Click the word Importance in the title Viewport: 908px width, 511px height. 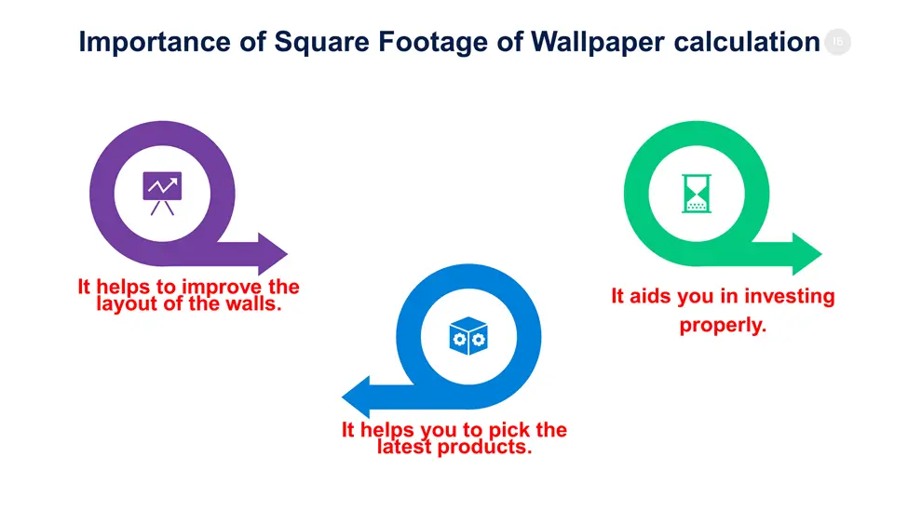click(155, 42)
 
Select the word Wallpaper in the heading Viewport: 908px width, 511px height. click(598, 42)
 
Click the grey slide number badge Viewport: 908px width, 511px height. click(837, 42)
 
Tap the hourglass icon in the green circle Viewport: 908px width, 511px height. click(697, 194)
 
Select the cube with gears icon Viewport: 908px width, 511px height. click(468, 336)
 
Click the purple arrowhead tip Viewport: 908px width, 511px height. click(287, 253)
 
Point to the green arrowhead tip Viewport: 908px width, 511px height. click(821, 253)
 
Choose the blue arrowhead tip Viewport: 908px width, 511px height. click(342, 397)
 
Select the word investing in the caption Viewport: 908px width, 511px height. click(790, 297)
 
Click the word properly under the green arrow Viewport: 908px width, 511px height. click(723, 325)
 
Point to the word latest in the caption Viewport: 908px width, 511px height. click(404, 447)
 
